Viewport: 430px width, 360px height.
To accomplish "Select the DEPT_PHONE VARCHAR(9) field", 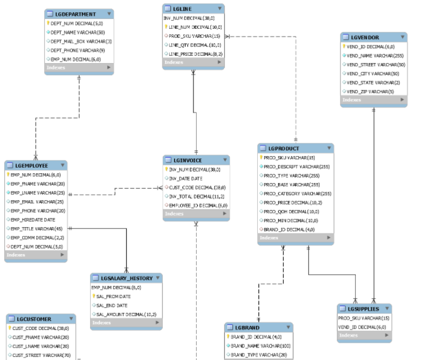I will click(x=78, y=50).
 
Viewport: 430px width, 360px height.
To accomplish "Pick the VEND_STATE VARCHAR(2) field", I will click(x=373, y=83).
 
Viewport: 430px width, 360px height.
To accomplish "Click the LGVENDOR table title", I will click(x=365, y=37).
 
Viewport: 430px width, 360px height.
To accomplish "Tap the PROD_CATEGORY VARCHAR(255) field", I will click(x=296, y=193).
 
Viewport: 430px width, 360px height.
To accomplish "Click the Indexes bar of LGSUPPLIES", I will click(x=364, y=336).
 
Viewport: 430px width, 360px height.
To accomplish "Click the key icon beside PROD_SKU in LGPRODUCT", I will click(x=261, y=157).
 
